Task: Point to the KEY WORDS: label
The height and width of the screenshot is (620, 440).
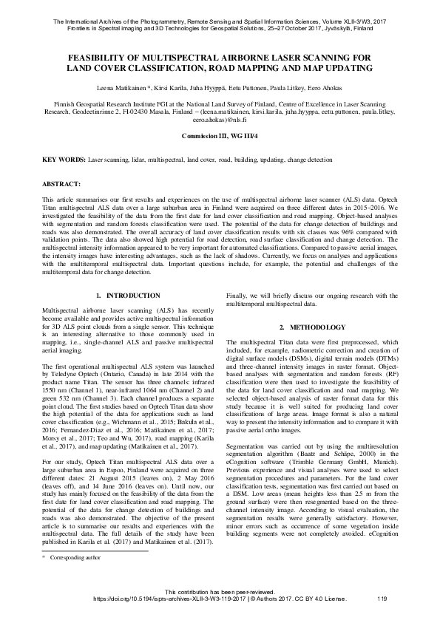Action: click(64, 160)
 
